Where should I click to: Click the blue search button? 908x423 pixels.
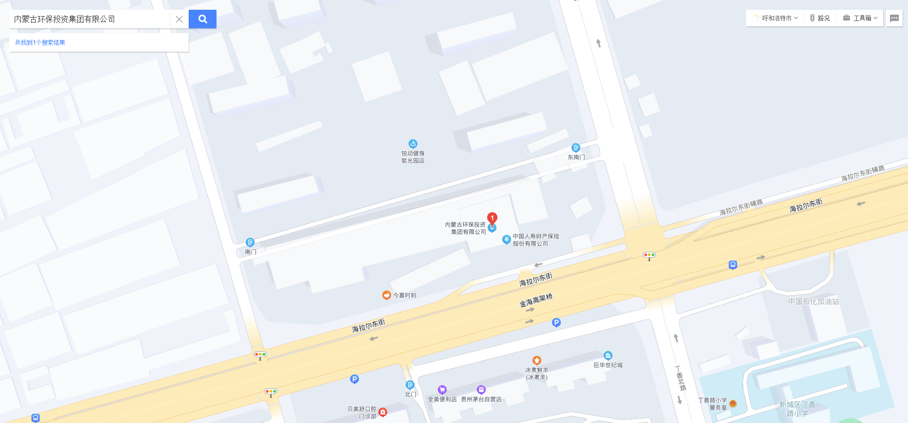coord(202,19)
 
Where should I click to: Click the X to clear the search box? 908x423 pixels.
coord(179,19)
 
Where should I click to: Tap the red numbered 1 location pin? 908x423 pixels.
coord(492,218)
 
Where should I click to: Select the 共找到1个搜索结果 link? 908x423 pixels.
coord(40,42)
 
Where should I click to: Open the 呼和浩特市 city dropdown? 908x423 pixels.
coord(776,18)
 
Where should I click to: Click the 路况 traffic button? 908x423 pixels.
coord(820,18)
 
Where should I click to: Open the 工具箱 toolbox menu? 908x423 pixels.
coord(860,18)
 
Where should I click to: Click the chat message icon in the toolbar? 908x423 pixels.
coord(894,18)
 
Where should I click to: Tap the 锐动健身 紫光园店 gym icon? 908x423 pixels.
coord(413,143)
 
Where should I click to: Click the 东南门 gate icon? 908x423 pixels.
coord(575,148)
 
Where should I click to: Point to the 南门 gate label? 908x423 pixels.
coord(250,252)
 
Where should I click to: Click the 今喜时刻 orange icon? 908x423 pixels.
coord(386,295)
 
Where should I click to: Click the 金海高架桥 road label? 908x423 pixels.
coord(536,300)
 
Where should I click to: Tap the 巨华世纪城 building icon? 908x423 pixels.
coord(608,356)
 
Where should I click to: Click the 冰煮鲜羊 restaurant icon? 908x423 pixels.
coord(536,361)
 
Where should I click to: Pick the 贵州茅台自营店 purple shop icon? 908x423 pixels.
coord(481,389)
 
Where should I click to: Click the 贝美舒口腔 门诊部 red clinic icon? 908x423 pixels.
coord(383,412)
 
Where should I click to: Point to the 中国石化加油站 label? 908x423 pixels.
coord(813,302)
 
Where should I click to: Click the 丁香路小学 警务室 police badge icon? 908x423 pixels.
coord(732,403)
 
